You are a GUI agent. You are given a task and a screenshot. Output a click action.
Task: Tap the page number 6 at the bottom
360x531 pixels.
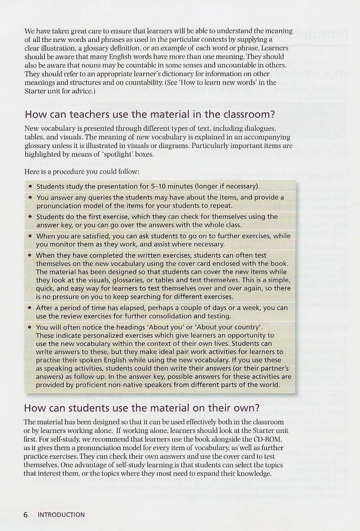tap(25, 514)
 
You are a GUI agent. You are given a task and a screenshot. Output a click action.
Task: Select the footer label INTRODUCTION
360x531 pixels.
tap(61, 515)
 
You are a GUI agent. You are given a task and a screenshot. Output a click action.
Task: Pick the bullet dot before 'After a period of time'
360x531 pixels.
tap(31, 308)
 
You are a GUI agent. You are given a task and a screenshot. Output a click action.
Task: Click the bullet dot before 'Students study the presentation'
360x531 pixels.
tap(31, 186)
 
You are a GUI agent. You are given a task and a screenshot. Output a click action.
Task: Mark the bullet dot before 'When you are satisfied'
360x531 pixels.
tap(31, 236)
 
